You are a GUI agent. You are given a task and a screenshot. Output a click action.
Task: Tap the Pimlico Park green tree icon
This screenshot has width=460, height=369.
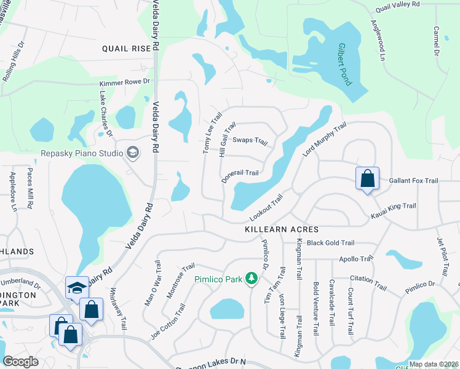coord(251,279)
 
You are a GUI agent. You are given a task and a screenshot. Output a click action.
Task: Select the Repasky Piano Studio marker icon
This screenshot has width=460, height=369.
coord(132,153)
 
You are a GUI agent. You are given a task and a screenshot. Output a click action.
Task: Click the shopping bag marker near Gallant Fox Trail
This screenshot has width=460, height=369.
coord(367,179)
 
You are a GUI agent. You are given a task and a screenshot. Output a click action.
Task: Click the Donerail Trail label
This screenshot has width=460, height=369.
coord(240,173)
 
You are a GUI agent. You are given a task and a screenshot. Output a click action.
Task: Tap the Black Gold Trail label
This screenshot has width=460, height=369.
coord(331,243)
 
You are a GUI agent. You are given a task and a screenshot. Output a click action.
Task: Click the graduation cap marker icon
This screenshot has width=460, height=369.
coord(77,287)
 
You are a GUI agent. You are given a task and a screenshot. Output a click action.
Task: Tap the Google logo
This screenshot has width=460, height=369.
coord(21,362)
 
